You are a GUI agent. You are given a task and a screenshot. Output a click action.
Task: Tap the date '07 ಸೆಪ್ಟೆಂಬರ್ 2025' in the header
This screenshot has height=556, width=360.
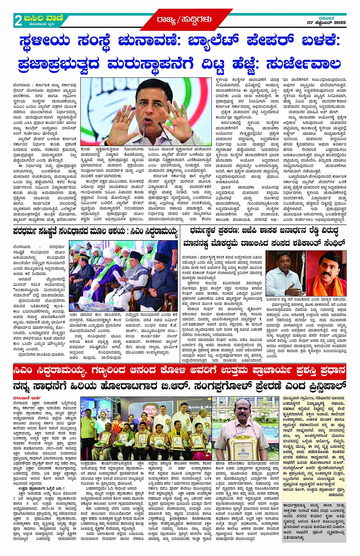(x=326, y=23)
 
